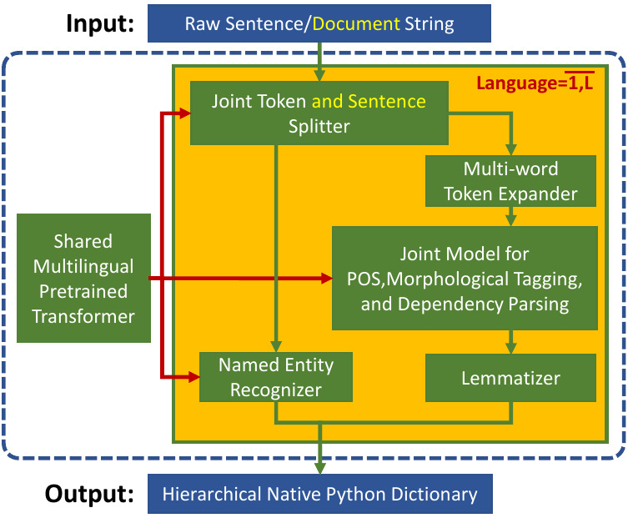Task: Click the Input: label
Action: [99, 23]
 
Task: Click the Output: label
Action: [89, 493]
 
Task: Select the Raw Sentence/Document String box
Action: [319, 23]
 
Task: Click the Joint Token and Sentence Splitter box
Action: [319, 114]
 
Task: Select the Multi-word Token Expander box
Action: [510, 181]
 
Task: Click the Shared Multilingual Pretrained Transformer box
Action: [83, 279]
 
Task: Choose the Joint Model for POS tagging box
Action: [464, 278]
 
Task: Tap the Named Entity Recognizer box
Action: [276, 377]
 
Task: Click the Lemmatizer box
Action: [510, 378]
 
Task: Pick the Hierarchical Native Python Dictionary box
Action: [319, 494]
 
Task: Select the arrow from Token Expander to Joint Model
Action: [510, 217]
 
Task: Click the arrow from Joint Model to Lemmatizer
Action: [510, 341]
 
